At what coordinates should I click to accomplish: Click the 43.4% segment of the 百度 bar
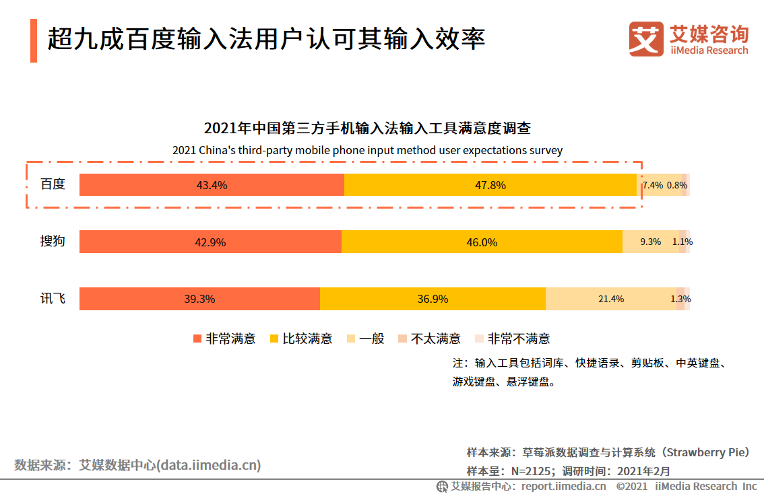pyautogui.click(x=212, y=185)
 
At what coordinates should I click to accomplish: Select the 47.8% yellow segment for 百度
pyautogui.click(x=490, y=185)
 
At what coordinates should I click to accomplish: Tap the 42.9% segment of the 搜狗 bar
pyautogui.click(x=210, y=242)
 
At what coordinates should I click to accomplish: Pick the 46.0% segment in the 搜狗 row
pyautogui.click(x=482, y=242)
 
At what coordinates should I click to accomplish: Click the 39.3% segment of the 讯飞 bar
pyautogui.click(x=199, y=299)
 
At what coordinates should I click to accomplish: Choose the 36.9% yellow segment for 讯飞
pyautogui.click(x=433, y=299)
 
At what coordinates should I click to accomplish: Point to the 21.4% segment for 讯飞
pyautogui.click(x=611, y=299)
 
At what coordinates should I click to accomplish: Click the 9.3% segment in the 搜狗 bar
pyautogui.click(x=650, y=242)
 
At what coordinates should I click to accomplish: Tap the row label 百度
pyautogui.click(x=53, y=184)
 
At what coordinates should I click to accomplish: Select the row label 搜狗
pyautogui.click(x=53, y=241)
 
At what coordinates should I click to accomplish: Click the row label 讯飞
pyautogui.click(x=53, y=298)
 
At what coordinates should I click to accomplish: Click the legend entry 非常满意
pyautogui.click(x=224, y=339)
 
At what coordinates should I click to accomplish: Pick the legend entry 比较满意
pyautogui.click(x=301, y=339)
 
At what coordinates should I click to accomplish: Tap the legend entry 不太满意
pyautogui.click(x=429, y=339)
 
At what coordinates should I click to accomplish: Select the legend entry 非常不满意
pyautogui.click(x=512, y=339)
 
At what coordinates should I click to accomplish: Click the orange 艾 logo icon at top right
pyautogui.click(x=646, y=38)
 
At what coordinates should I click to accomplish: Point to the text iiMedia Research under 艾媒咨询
pyautogui.click(x=709, y=50)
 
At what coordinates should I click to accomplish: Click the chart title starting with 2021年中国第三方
pyautogui.click(x=367, y=129)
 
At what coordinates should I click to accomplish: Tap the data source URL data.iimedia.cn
pyautogui.click(x=209, y=465)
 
